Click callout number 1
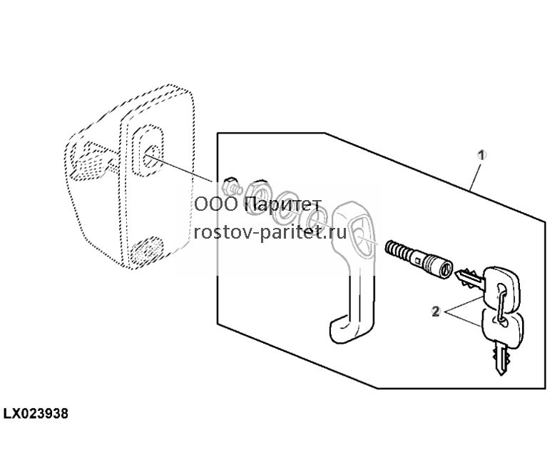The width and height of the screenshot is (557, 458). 481,155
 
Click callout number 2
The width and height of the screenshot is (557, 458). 436,312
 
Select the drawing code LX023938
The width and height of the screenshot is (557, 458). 36,414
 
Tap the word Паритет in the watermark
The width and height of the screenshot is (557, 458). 283,204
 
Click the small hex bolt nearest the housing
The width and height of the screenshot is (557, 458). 231,186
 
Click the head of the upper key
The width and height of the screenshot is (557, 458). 501,288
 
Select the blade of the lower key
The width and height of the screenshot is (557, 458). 500,357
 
